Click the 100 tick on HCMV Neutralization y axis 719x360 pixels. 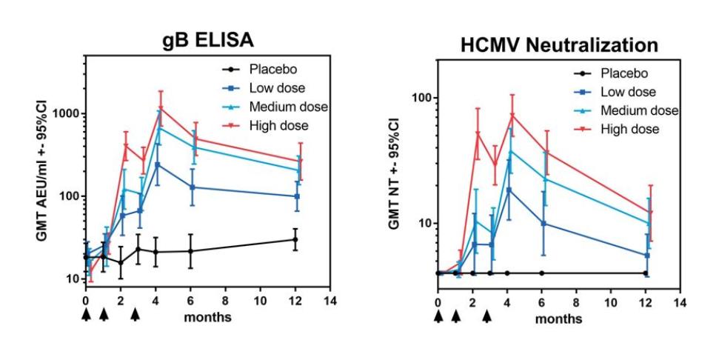[x=423, y=98]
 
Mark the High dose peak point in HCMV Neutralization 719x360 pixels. [x=512, y=115]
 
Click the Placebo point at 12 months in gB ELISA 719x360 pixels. [x=295, y=239]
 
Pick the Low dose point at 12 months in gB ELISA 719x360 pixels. [x=296, y=196]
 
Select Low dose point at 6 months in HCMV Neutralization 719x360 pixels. [x=544, y=223]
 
